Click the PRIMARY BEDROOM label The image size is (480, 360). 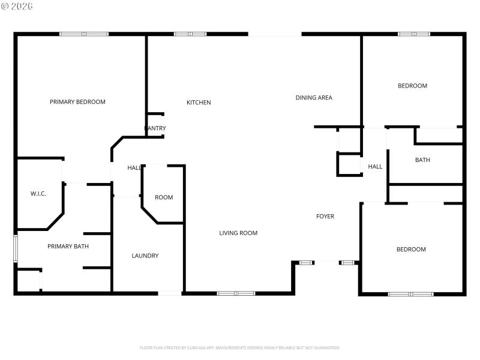[77, 102]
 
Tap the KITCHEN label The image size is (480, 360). [199, 103]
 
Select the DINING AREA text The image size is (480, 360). [314, 98]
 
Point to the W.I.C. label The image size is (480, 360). [38, 194]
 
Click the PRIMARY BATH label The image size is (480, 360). [68, 247]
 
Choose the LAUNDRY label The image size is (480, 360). [145, 256]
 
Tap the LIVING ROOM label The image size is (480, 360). [238, 233]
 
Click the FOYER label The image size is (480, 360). [325, 217]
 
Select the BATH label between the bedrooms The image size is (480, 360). [422, 160]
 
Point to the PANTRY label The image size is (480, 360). [155, 128]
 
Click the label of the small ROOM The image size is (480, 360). [164, 198]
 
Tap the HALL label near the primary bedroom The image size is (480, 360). [134, 168]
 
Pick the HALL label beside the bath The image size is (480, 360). [375, 167]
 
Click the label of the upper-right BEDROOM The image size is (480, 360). [413, 86]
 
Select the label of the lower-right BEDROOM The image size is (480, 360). [411, 250]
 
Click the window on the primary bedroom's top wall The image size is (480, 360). [84, 34]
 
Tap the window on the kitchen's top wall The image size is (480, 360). [190, 34]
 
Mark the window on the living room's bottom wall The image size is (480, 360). [236, 293]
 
